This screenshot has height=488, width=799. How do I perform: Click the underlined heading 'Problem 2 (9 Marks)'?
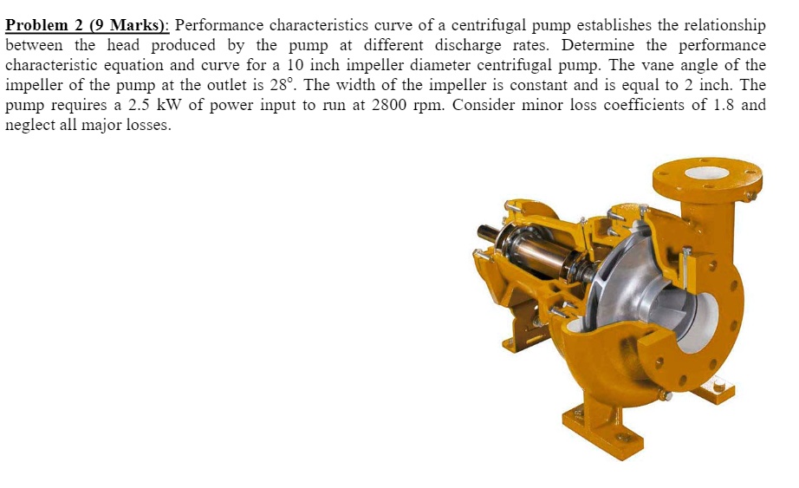pyautogui.click(x=87, y=25)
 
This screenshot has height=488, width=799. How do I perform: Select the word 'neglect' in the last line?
pyautogui.click(x=31, y=125)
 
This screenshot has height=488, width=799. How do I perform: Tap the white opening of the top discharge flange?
pyautogui.click(x=706, y=172)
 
